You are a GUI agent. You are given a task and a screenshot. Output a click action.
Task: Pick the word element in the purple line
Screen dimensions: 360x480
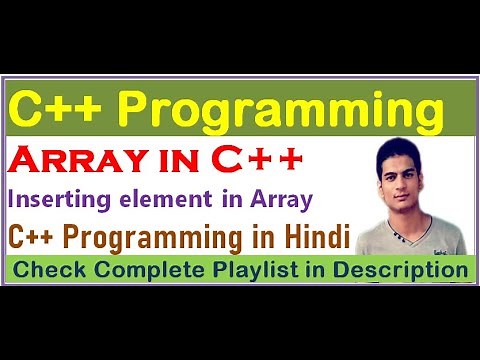175,198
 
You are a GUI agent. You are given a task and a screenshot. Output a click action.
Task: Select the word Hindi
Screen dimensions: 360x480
310,237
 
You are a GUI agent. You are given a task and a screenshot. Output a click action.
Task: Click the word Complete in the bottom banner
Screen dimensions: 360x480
137,270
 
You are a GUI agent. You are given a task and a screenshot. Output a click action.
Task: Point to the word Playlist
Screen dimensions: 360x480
237,270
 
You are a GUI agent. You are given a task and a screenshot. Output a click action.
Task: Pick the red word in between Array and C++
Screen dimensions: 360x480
186,159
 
